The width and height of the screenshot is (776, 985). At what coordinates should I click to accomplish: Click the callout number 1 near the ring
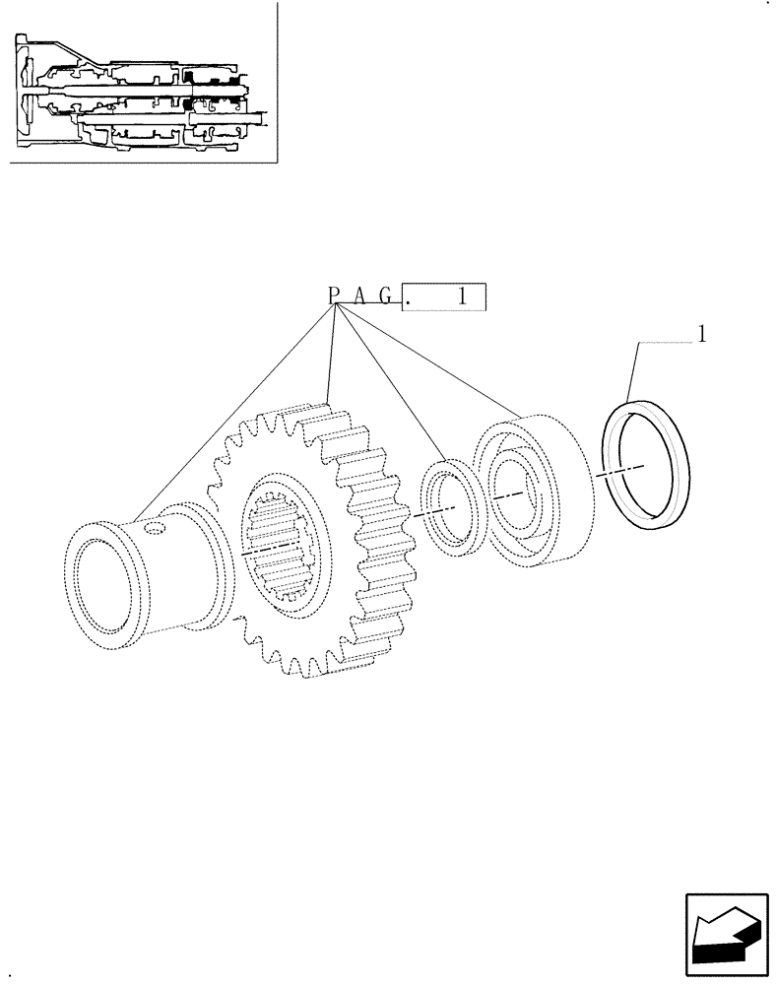pos(702,334)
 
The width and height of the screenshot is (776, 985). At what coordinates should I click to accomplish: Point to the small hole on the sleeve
pos(156,531)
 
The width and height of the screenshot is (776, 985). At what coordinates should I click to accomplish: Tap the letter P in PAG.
pos(334,295)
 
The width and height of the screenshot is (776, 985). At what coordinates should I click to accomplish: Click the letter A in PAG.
pos(360,295)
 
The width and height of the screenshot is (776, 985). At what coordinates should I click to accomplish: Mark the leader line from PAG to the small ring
pos(394,384)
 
